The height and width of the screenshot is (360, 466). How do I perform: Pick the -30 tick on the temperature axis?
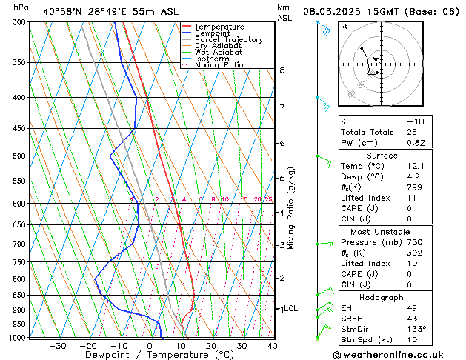coord(57,346)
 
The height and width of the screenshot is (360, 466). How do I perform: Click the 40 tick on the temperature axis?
coord(272,346)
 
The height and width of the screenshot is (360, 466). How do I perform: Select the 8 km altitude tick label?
coord(282,70)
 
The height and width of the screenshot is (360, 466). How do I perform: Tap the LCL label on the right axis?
coord(290,308)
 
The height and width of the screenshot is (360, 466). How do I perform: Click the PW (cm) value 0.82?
coord(416,143)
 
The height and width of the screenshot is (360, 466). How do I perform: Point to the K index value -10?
coord(416,121)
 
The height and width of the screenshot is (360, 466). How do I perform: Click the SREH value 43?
coord(412,318)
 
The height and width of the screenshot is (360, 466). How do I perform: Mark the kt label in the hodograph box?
coord(344,26)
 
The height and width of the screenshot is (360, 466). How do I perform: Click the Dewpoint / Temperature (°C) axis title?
coord(148,356)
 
